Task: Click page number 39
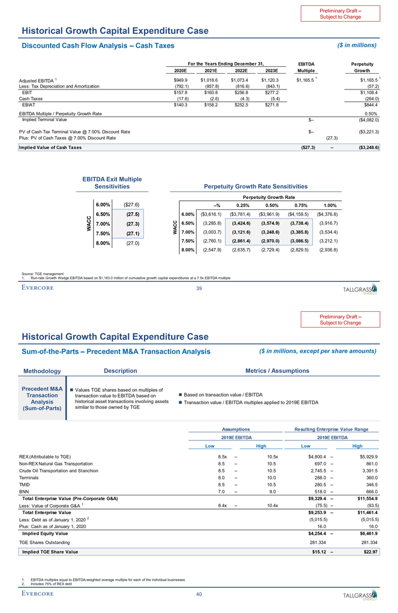(x=198, y=288)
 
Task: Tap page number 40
(x=198, y=594)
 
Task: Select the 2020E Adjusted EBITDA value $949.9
(x=177, y=80)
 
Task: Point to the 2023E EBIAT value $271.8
(x=270, y=105)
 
